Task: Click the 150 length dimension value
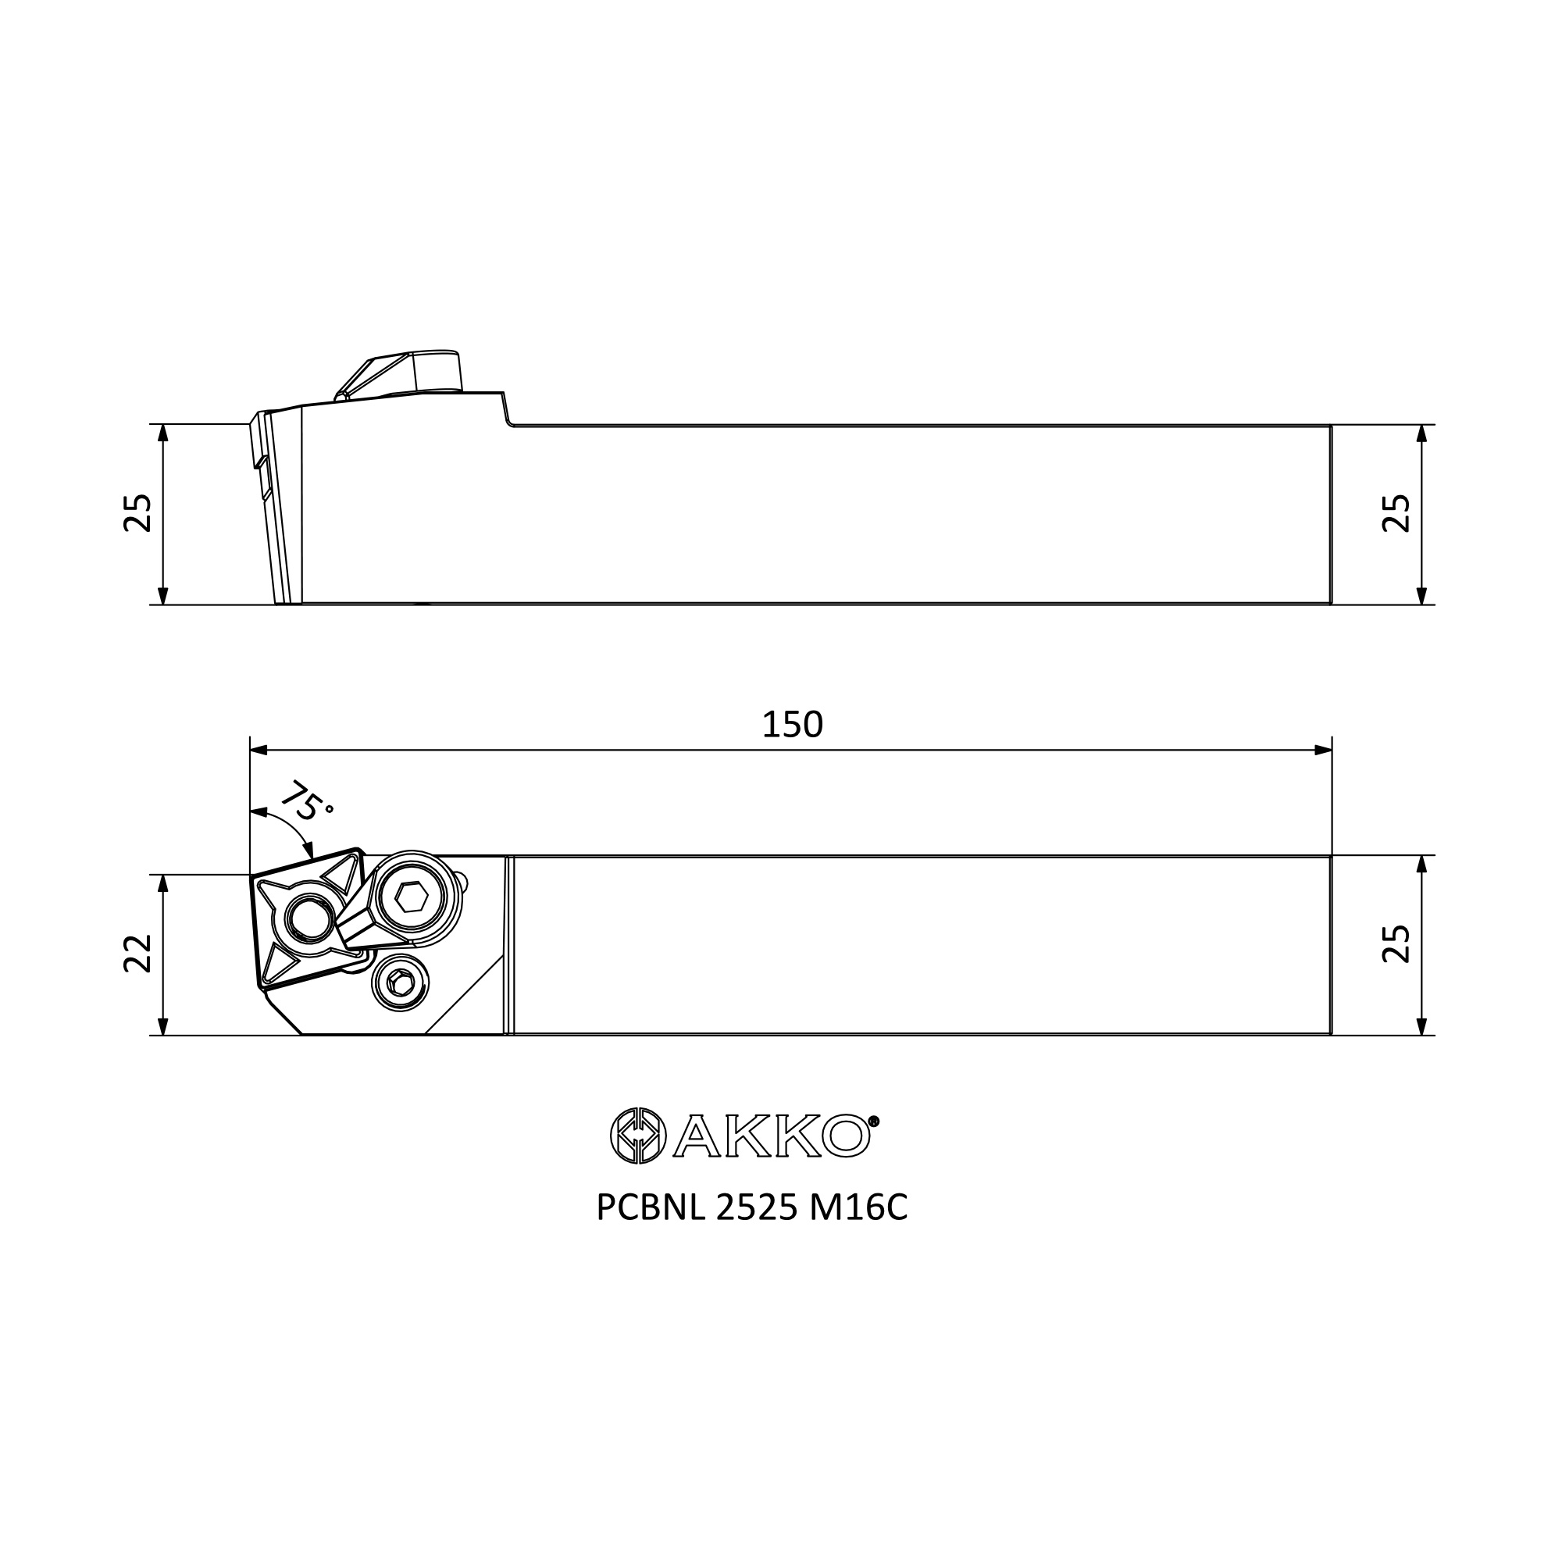[792, 726]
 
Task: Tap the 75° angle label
[305, 801]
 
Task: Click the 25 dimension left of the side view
[138, 512]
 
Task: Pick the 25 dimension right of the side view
[1396, 512]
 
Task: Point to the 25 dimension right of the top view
[1396, 943]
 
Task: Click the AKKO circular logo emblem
[639, 1135]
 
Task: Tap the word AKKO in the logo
[772, 1136]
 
